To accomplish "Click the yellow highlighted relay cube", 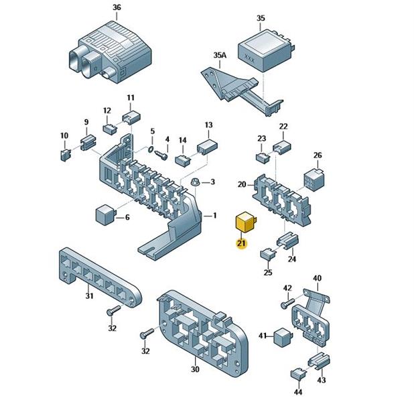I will point(242,222).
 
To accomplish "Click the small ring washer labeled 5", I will point(151,148).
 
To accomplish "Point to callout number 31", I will point(89,296).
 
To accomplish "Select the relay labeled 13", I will point(206,146).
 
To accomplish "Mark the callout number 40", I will point(317,278).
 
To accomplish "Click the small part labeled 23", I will point(262,157).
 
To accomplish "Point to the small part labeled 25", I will point(267,254).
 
